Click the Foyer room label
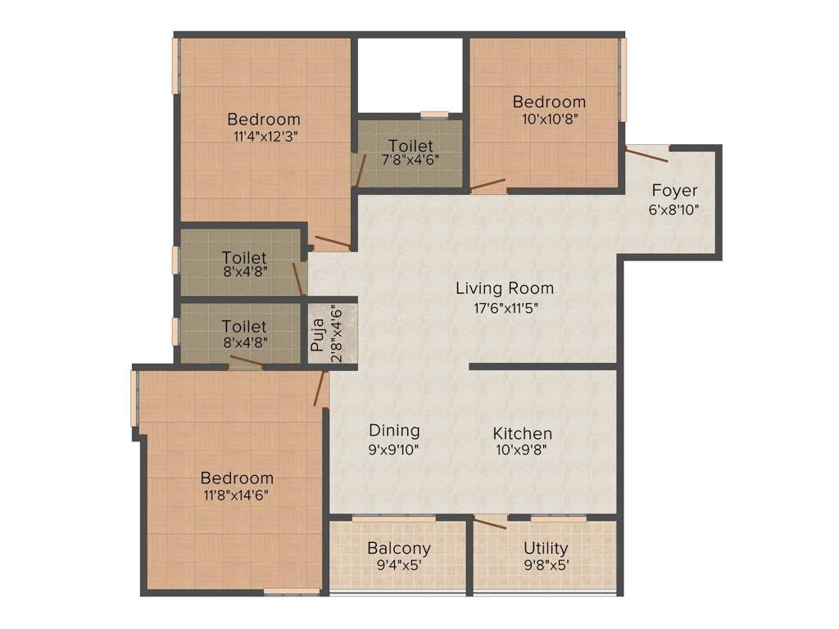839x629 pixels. (674, 191)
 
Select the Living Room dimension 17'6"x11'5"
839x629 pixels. (504, 308)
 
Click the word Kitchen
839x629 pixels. (522, 433)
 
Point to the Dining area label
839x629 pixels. (394, 430)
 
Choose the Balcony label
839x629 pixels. (398, 548)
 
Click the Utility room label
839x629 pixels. (546, 548)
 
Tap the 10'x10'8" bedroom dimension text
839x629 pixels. (549, 120)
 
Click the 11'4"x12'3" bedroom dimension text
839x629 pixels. (264, 137)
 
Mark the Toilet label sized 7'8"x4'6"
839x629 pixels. (410, 146)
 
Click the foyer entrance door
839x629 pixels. (648, 149)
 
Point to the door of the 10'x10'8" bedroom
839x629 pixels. (488, 185)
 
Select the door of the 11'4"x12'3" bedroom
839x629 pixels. (333, 242)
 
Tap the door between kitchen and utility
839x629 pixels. (490, 522)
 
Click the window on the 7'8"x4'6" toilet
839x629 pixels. (434, 115)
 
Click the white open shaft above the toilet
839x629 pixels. (410, 75)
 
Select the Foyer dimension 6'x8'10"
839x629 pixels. (674, 209)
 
